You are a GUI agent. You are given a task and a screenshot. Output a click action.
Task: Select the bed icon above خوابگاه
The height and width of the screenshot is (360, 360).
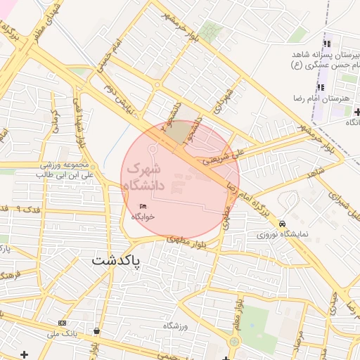coord(143,205)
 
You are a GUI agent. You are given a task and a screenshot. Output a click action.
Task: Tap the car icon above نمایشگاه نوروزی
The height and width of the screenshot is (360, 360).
coord(282,224)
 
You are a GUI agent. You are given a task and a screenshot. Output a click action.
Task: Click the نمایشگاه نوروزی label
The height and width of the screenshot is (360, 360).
coord(282,234)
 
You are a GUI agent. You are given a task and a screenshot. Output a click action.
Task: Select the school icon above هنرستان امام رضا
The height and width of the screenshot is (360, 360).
coord(321,86)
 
